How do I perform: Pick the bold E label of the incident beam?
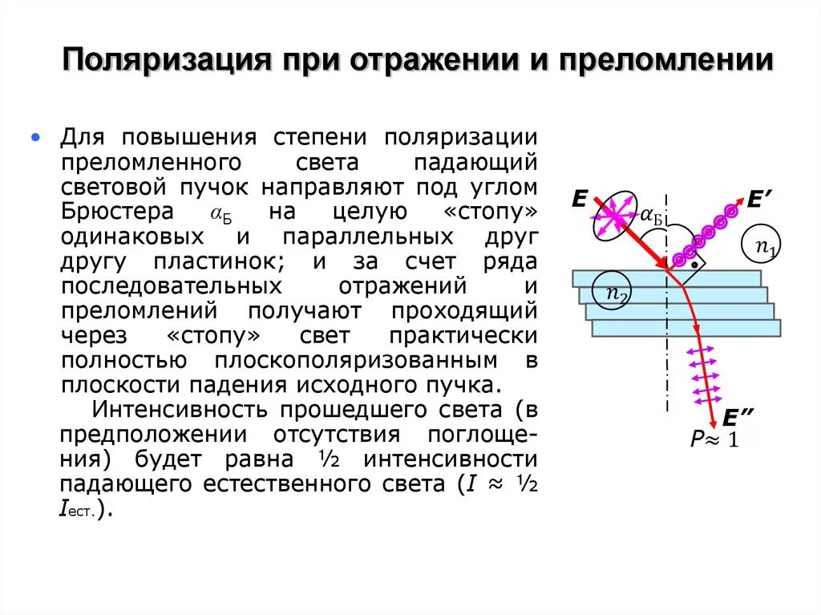(x=580, y=200)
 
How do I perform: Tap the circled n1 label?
(x=765, y=246)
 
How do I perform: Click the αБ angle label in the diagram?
(x=651, y=214)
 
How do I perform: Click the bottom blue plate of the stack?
(x=686, y=328)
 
